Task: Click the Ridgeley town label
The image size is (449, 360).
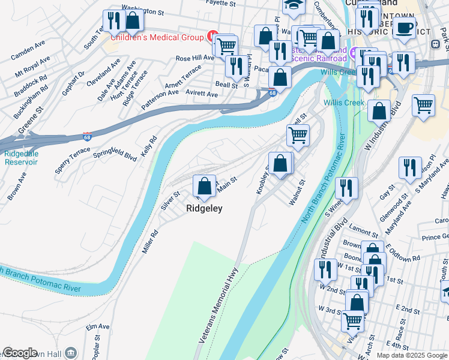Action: (204, 209)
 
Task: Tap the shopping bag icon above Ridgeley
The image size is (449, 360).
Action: (205, 185)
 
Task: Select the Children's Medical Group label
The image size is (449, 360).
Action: (158, 37)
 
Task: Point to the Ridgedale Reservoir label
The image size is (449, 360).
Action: (21, 158)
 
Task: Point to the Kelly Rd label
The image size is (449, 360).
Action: (148, 147)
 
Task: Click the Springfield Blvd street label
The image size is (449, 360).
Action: (115, 154)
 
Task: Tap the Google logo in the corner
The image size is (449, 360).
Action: (20, 353)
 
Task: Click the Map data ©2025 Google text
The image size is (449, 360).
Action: (412, 355)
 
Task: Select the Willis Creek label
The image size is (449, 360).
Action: (344, 103)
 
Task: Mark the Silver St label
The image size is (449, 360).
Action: (170, 200)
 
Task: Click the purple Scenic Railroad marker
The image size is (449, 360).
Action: (355, 53)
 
